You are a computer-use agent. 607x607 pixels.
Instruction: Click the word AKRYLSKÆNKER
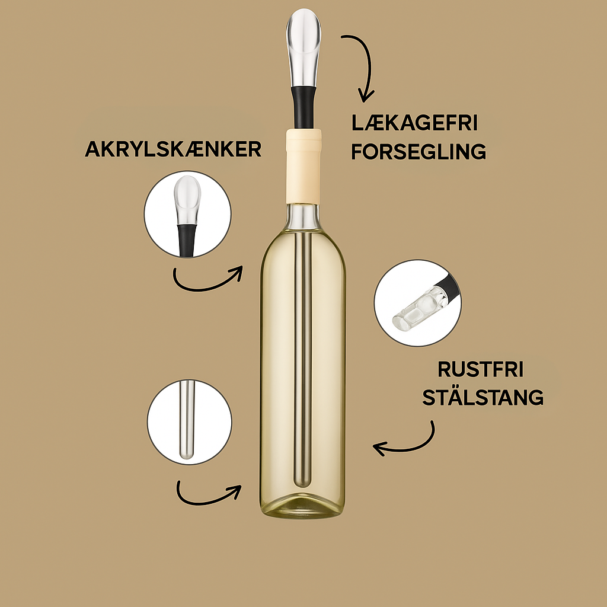point(173,149)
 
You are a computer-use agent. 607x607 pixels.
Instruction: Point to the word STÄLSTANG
point(483,397)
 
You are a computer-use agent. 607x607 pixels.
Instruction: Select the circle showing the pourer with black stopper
point(187,214)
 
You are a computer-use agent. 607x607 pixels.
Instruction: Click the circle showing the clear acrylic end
point(418,303)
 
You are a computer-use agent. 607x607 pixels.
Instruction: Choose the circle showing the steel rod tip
point(189,422)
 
